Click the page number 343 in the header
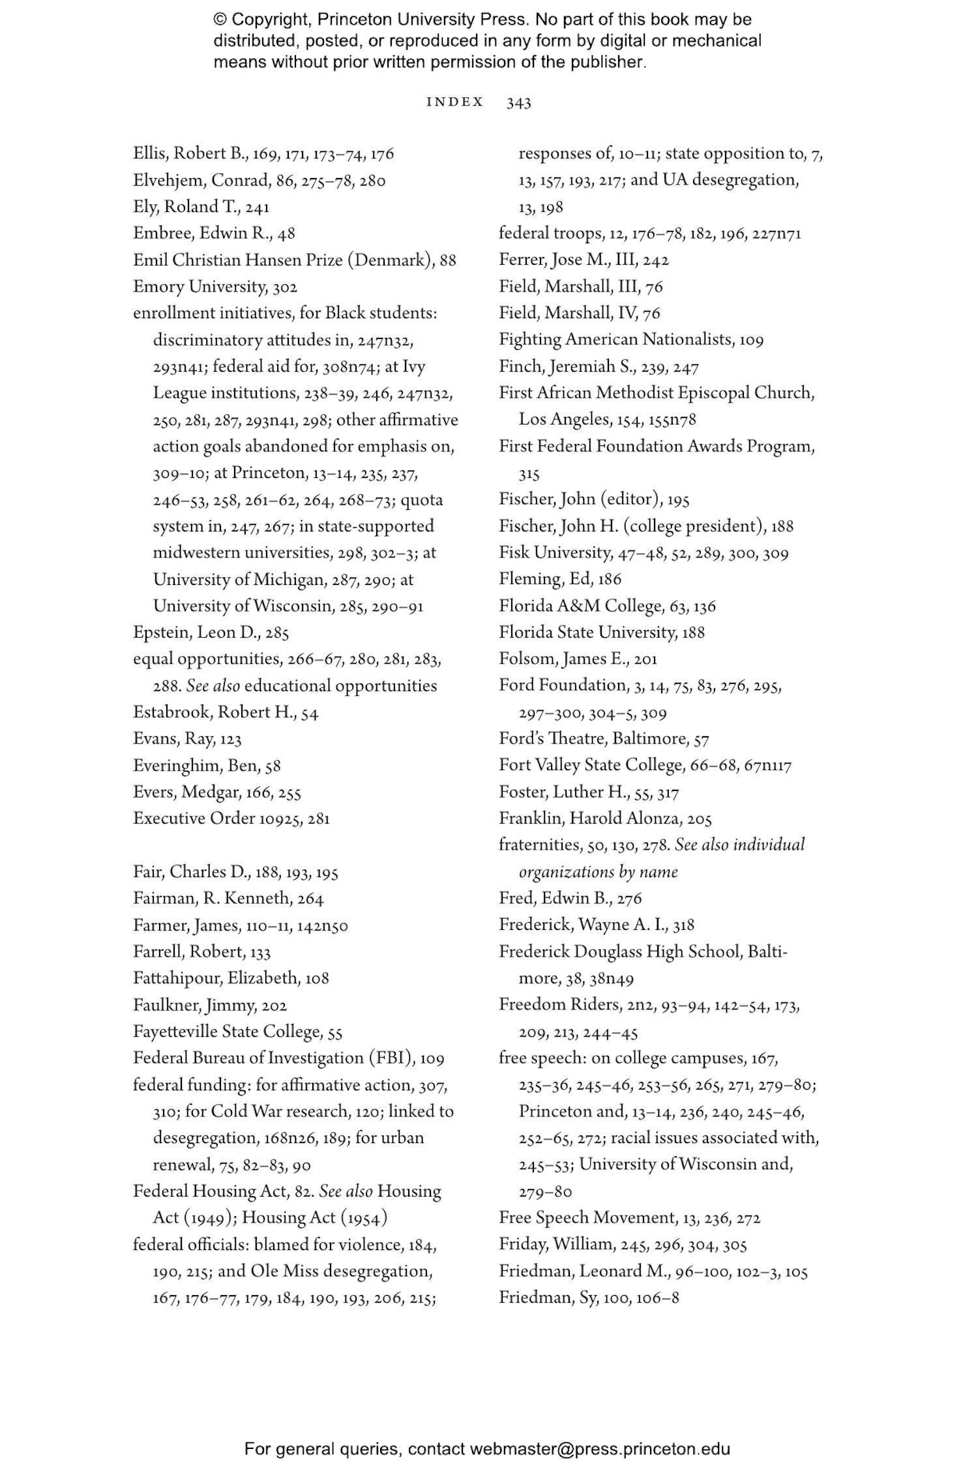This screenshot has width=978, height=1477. click(518, 102)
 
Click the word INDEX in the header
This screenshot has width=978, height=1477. click(454, 102)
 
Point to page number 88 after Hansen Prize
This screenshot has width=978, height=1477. click(448, 260)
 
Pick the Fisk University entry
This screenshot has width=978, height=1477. click(554, 553)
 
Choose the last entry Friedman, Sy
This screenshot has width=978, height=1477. click(548, 1298)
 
